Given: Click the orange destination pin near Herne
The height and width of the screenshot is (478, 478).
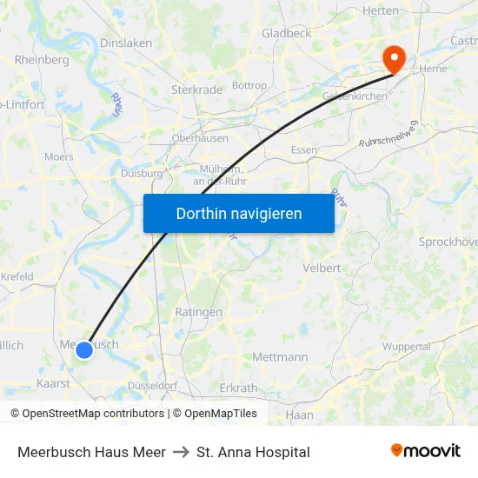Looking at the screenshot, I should coord(394,57).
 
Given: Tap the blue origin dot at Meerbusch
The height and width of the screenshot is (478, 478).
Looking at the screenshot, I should coord(84,350).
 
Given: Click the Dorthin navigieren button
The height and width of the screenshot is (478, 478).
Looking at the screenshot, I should coord(239,213).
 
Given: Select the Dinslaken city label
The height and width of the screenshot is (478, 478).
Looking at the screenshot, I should coord(126,42).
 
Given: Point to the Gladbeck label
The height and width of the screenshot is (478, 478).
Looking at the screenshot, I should coord(286,33).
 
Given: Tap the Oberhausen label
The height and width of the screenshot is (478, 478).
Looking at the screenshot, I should coord(200,137).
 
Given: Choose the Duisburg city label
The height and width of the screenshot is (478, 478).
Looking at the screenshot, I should coord(142,173).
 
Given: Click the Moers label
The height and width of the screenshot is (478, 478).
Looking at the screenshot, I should coord(59,156).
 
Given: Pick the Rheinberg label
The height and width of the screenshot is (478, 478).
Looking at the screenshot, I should coord(42,60).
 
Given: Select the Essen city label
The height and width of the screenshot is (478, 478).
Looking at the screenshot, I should coord(304,149).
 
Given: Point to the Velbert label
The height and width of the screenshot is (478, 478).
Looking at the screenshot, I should coord(322,268).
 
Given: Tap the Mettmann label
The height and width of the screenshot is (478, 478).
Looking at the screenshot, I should coord(280,356).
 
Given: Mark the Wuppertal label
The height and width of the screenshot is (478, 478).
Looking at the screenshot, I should coord(406,346).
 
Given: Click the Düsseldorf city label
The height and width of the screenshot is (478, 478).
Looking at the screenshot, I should coord(152,385).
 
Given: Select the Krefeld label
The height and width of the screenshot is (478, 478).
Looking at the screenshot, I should coord(17,276).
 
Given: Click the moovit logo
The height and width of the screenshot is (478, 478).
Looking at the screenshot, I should coord(425,451).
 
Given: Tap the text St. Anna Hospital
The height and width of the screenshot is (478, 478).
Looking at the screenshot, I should coord(253,452).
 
